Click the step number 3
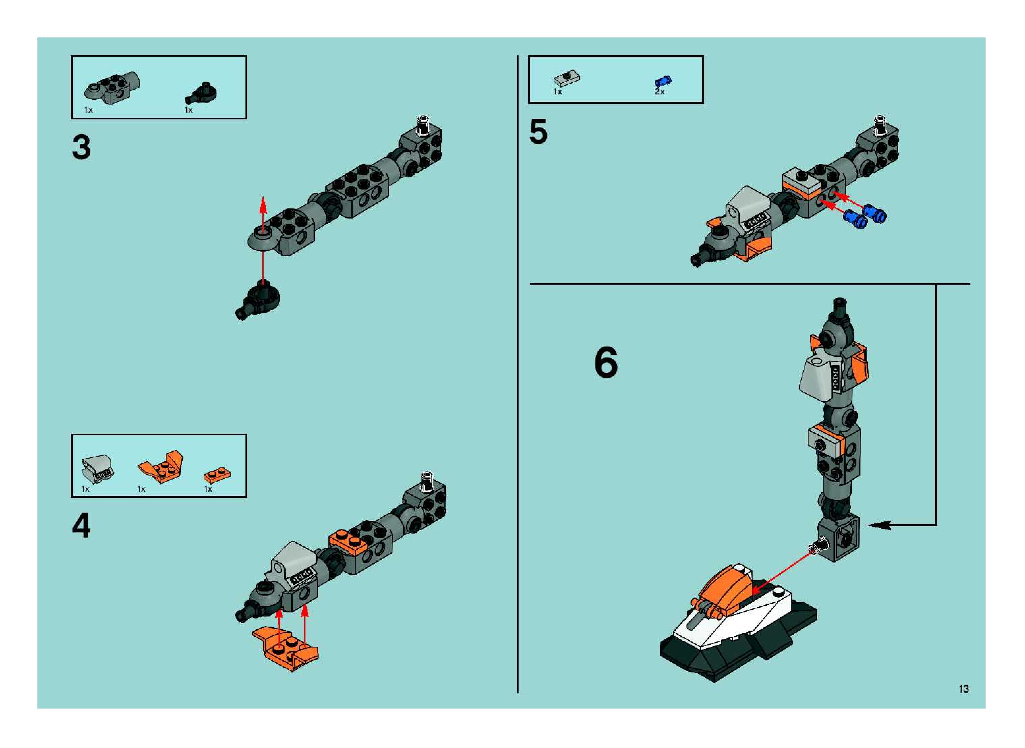(82, 148)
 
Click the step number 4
(82, 526)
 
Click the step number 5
(538, 132)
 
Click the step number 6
(606, 362)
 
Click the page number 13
(963, 689)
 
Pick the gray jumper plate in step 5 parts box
(566, 79)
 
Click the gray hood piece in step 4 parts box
(97, 467)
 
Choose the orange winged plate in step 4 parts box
(162, 466)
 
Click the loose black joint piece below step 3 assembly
(259, 300)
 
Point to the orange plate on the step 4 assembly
(348, 542)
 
